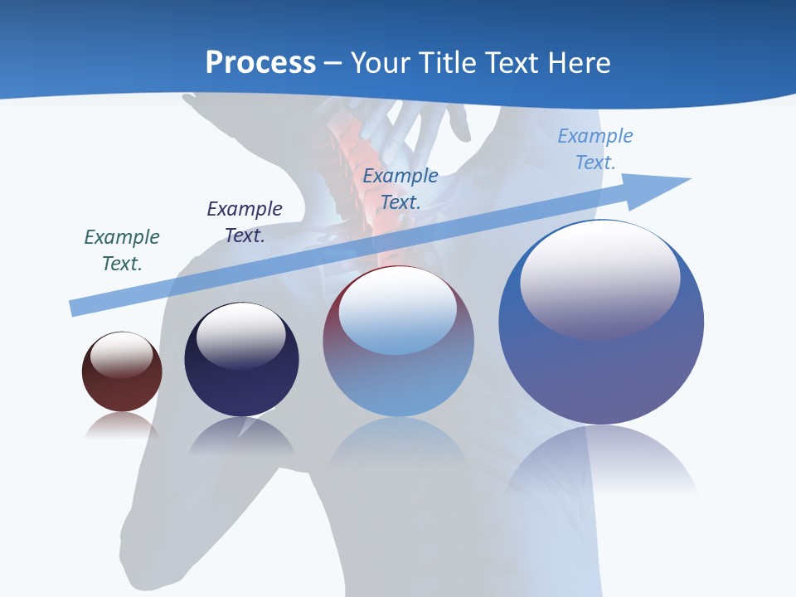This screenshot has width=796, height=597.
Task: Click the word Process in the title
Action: click(260, 63)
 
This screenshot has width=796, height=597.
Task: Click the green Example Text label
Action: click(122, 250)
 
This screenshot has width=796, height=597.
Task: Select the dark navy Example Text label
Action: click(245, 222)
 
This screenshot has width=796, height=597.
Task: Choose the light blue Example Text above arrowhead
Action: click(595, 149)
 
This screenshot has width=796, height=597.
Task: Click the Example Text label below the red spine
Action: click(400, 189)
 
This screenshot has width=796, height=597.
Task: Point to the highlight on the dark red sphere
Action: click(122, 355)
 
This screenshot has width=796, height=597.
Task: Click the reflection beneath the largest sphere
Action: click(601, 460)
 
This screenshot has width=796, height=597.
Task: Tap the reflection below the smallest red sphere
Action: click(122, 425)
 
